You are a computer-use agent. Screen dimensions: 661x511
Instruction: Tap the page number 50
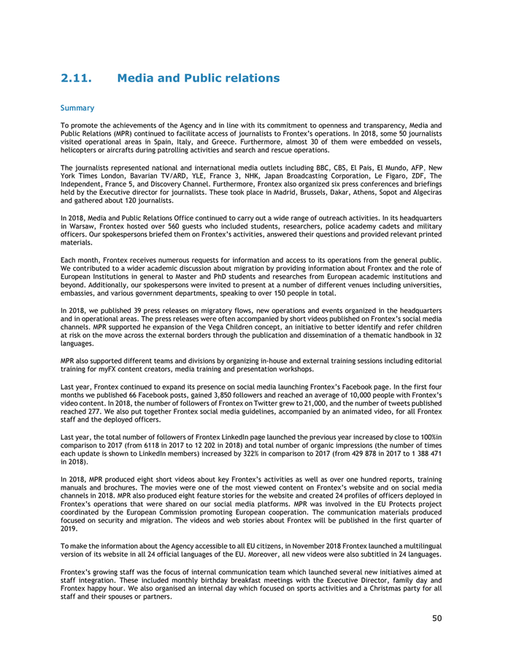click(437, 619)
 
